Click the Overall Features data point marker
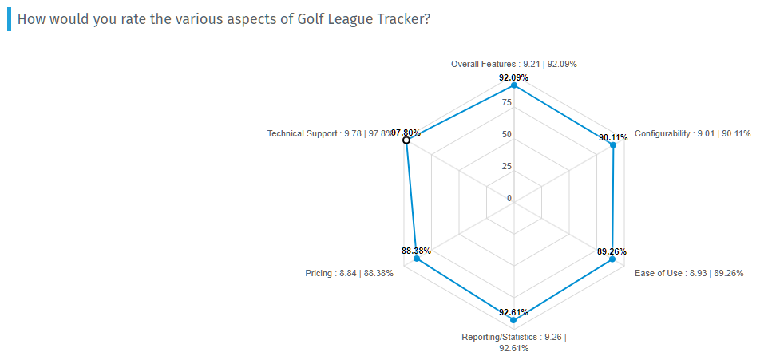pyautogui.click(x=514, y=85)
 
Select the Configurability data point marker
pyautogui.click(x=613, y=145)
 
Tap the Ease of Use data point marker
pyautogui.click(x=612, y=259)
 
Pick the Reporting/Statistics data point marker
pyautogui.click(x=513, y=320)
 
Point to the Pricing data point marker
pyautogui.click(x=417, y=259)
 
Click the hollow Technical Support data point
pyautogui.click(x=406, y=140)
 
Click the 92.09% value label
pyautogui.click(x=513, y=77)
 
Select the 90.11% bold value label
pyautogui.click(x=613, y=137)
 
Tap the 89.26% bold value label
pyautogui.click(x=612, y=251)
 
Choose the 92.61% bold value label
pyautogui.click(x=513, y=312)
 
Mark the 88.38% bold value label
pyautogui.click(x=416, y=251)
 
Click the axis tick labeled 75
pyautogui.click(x=506, y=102)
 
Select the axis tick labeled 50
pyautogui.click(x=506, y=134)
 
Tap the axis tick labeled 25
pyautogui.click(x=506, y=166)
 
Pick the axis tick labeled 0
pyautogui.click(x=509, y=198)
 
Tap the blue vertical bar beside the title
pyautogui.click(x=9, y=18)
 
